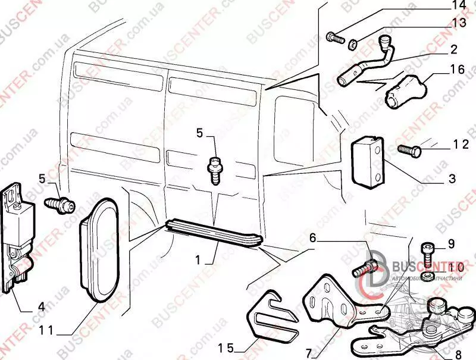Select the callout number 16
(457, 70)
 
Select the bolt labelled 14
(336, 39)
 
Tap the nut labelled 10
(427, 276)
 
